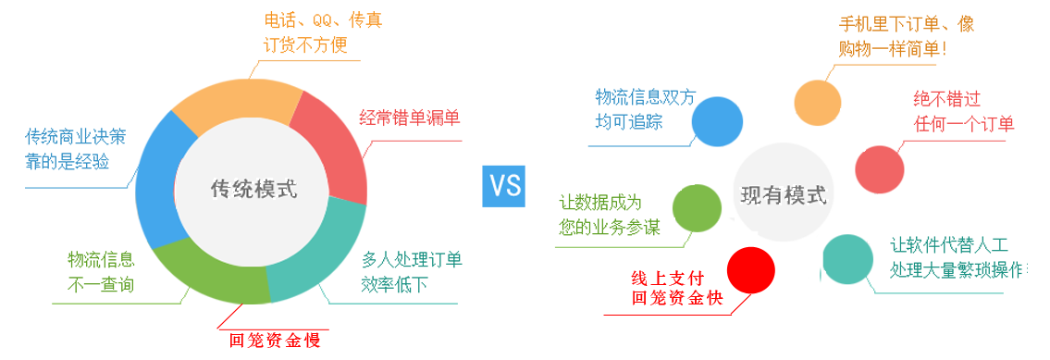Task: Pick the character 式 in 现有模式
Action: click(816, 195)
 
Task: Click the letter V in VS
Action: click(500, 185)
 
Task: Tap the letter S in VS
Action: click(514, 185)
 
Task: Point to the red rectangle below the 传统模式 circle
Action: click(273, 317)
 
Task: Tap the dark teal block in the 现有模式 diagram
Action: click(953, 245)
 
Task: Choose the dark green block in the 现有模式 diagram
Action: click(601, 204)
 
